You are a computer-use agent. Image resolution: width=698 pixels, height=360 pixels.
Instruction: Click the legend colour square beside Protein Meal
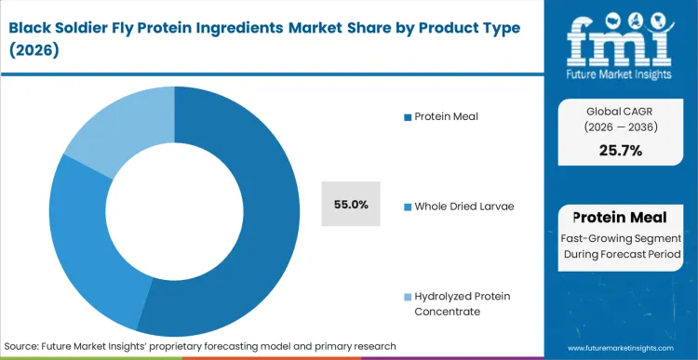tap(407, 116)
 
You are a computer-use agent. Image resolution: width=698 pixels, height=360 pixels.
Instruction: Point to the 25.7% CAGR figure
tap(622, 151)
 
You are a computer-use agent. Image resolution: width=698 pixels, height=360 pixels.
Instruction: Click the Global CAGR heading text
tap(621, 108)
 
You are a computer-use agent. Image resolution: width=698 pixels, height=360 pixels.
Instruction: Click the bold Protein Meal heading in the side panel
tap(621, 218)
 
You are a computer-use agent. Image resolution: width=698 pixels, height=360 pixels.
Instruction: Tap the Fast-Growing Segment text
tap(621, 238)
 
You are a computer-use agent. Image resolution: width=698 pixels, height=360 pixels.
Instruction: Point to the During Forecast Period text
tap(621, 254)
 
